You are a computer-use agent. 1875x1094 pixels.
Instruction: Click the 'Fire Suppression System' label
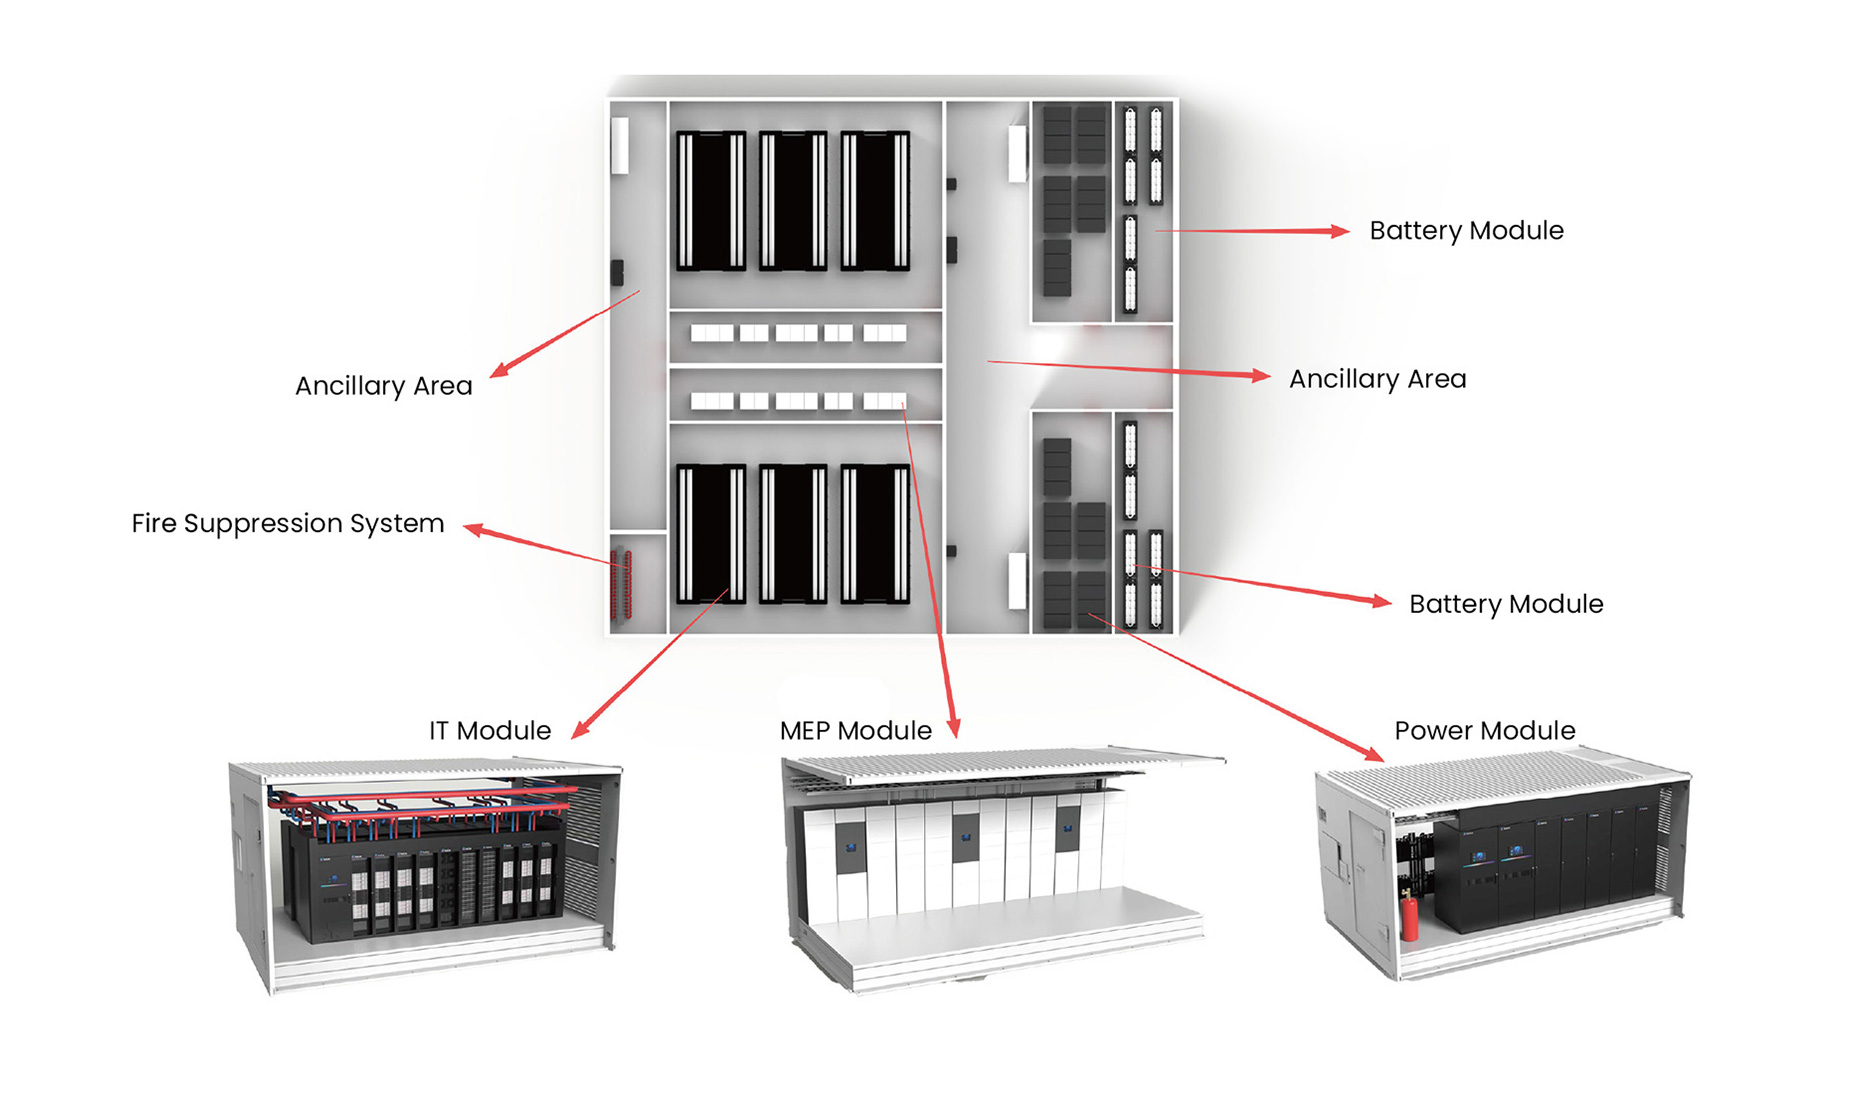tap(287, 524)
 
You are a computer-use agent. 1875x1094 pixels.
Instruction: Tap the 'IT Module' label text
tap(489, 731)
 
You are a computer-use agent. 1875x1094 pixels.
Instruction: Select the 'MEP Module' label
tap(855, 731)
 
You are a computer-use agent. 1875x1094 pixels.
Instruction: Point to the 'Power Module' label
tap(1484, 731)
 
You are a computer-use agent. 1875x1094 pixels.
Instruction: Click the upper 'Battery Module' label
tap(1466, 231)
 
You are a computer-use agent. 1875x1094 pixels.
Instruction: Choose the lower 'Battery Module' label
tap(1505, 604)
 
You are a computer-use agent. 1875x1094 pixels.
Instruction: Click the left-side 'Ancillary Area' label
tap(383, 386)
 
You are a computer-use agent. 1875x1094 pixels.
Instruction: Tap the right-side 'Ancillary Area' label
tap(1377, 379)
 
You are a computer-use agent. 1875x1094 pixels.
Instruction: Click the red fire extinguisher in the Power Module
tap(1409, 915)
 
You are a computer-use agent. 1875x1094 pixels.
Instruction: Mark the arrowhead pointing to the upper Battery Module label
tap(1339, 231)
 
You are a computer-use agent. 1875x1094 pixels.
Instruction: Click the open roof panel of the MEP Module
tap(1000, 764)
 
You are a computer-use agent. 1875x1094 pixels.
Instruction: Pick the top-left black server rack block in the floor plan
tap(711, 201)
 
